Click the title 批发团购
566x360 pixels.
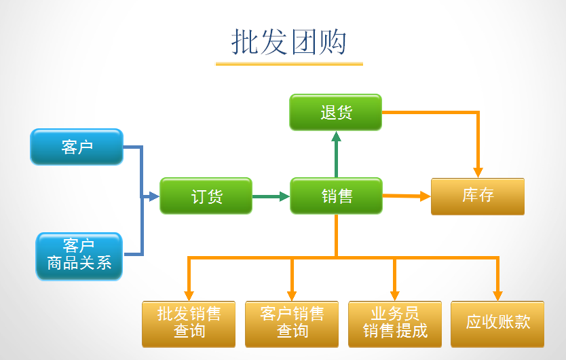pos(289,42)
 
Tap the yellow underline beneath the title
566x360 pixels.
pos(289,64)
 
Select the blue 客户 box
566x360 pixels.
pos(77,147)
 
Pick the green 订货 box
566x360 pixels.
pos(206,196)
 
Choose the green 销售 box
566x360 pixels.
pos(337,196)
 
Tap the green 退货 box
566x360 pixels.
pos(336,112)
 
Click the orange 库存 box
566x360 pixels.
pos(478,196)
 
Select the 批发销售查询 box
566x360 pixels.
pos(189,323)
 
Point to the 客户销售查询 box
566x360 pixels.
pos(292,323)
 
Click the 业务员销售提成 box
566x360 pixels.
pos(395,323)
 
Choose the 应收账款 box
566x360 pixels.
pos(498,322)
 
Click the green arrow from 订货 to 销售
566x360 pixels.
pos(270,197)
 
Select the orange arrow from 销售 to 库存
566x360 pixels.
pos(406,196)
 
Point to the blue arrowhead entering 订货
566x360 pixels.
pos(153,197)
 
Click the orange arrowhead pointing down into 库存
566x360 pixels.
pos(478,172)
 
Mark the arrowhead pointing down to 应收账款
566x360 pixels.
pos(497,295)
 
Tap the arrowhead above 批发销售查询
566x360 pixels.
pos(189,295)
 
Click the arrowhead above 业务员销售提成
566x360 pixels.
pos(394,295)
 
